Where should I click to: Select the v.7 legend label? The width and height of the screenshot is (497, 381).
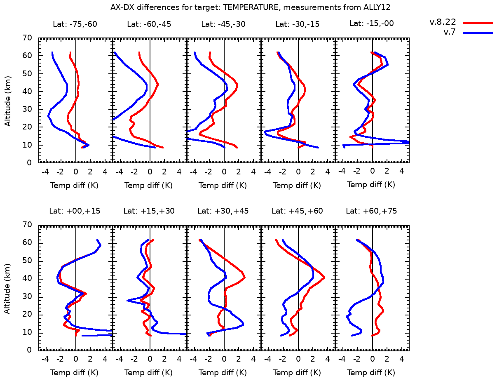click(x=449, y=32)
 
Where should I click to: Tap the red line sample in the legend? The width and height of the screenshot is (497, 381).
click(x=478, y=23)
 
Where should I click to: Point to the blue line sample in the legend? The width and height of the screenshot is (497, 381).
click(x=478, y=32)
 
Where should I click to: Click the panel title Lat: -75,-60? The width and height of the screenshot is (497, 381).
click(x=75, y=24)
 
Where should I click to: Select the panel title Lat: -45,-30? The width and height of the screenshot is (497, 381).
click(x=223, y=24)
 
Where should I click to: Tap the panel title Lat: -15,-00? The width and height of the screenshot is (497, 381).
click(x=371, y=23)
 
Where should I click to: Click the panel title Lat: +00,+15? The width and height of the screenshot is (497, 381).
click(x=75, y=211)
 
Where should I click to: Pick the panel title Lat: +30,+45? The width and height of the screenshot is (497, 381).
click(x=223, y=211)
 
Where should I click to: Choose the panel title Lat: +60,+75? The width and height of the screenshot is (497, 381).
click(x=371, y=211)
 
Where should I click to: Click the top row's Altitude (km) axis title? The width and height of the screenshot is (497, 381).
click(x=7, y=100)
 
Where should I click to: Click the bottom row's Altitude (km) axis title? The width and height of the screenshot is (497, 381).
click(x=7, y=287)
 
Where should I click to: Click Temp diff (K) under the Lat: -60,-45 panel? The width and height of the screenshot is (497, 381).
click(x=149, y=186)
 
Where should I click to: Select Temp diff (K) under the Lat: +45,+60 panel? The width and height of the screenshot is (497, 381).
click(x=297, y=373)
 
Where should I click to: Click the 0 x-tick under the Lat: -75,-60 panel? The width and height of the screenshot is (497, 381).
click(x=76, y=172)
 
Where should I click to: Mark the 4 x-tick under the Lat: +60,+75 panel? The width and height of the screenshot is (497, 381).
click(x=402, y=359)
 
